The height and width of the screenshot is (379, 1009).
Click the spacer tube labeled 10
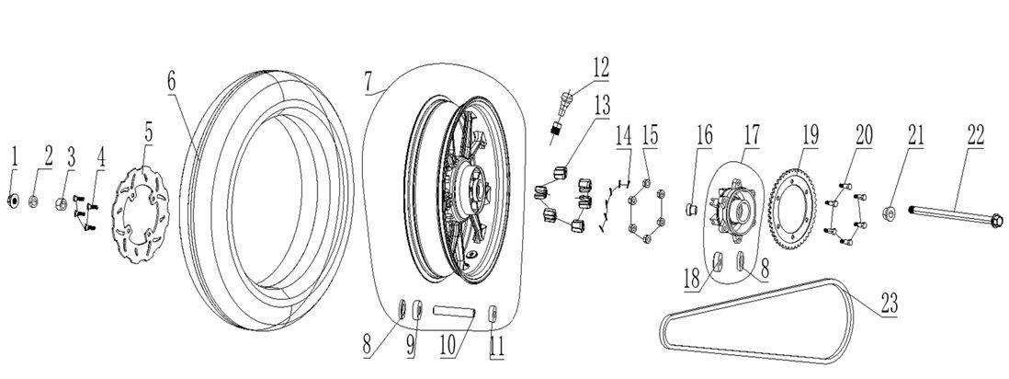pyautogui.click(x=455, y=313)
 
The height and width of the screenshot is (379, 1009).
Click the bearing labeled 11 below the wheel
pyautogui.click(x=493, y=314)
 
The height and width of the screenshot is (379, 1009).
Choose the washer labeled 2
pyautogui.click(x=34, y=201)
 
